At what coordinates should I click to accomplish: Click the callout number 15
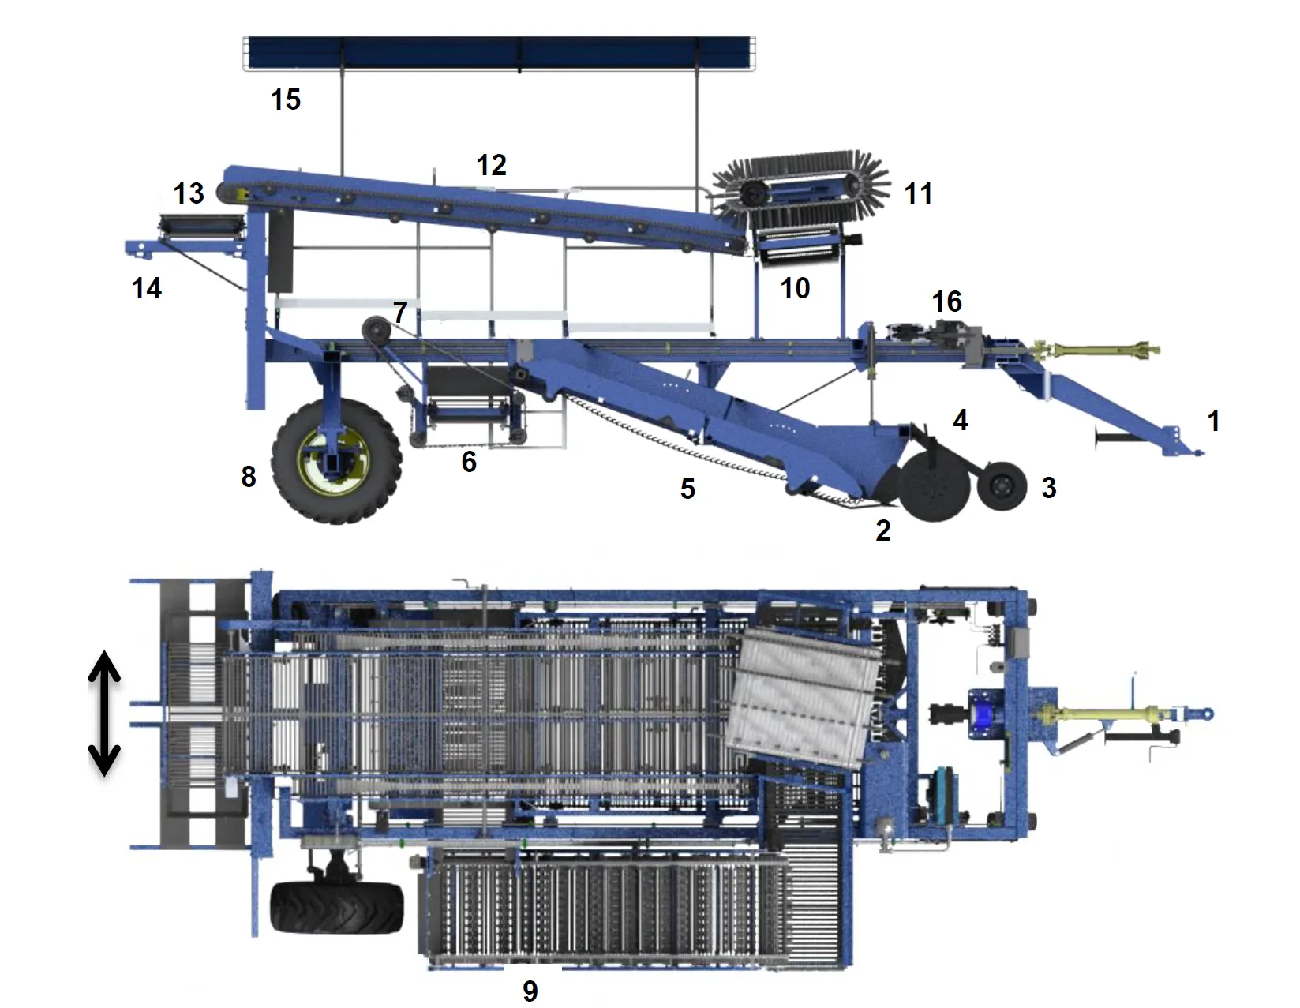click(x=286, y=99)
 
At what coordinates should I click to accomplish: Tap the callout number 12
click(x=491, y=165)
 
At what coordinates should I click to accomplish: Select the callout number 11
click(x=918, y=194)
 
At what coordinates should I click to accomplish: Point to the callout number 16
click(x=947, y=302)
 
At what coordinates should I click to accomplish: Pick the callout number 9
click(x=530, y=991)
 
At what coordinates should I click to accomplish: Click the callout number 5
click(x=688, y=489)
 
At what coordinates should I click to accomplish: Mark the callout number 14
click(x=147, y=288)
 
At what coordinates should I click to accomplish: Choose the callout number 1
click(x=1214, y=421)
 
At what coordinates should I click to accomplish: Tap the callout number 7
click(x=400, y=313)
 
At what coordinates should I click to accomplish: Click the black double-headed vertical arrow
click(x=105, y=713)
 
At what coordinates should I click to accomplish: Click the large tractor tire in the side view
click(x=336, y=461)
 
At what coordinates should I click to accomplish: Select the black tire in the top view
click(x=337, y=908)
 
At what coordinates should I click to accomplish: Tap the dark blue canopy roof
click(x=499, y=52)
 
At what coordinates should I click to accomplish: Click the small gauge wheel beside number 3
click(x=1002, y=485)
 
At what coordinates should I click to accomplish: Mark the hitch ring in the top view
click(x=1206, y=714)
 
